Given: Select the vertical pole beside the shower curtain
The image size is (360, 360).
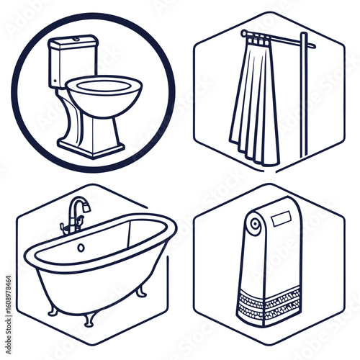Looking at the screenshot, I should (304, 94).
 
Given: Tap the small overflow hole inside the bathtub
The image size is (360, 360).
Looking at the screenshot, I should (81, 247).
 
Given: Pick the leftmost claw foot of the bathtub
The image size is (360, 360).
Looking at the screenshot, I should (53, 311).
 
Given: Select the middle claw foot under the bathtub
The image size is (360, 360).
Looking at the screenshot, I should (87, 318).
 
